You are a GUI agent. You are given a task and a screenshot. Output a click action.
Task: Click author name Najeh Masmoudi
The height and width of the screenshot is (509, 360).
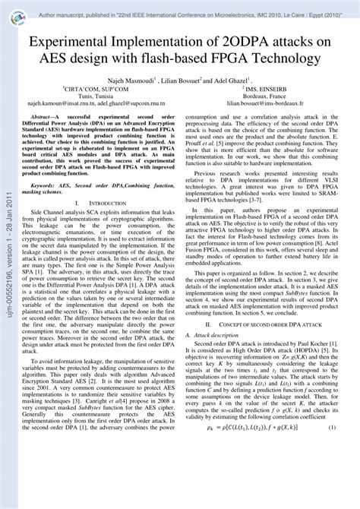pyautogui.click(x=133, y=79)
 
